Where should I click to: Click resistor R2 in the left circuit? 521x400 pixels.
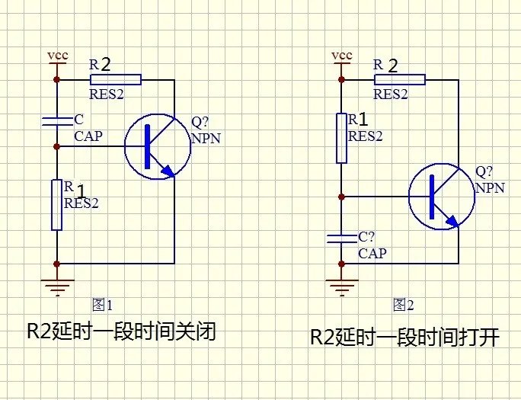coord(116,79)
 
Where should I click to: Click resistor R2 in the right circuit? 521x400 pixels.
coord(399,79)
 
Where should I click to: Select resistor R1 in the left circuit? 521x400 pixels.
coord(56,204)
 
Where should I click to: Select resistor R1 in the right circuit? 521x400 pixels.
coord(342,137)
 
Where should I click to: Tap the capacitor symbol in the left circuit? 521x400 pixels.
coord(56,120)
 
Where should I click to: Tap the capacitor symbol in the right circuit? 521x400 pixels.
coord(342,238)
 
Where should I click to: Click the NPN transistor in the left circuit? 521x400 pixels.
coord(158,146)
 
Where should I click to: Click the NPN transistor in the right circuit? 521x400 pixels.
coord(442,197)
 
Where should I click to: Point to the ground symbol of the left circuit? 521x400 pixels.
coord(56,286)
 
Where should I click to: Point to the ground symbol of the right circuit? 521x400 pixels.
coord(342,286)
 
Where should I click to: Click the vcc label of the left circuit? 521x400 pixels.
coord(56,56)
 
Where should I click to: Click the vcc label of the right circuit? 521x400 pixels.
coord(342,56)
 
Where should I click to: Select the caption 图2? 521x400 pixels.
coord(403,306)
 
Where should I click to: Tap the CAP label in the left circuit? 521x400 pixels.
coord(88,136)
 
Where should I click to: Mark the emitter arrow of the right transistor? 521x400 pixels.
coord(452,221)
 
